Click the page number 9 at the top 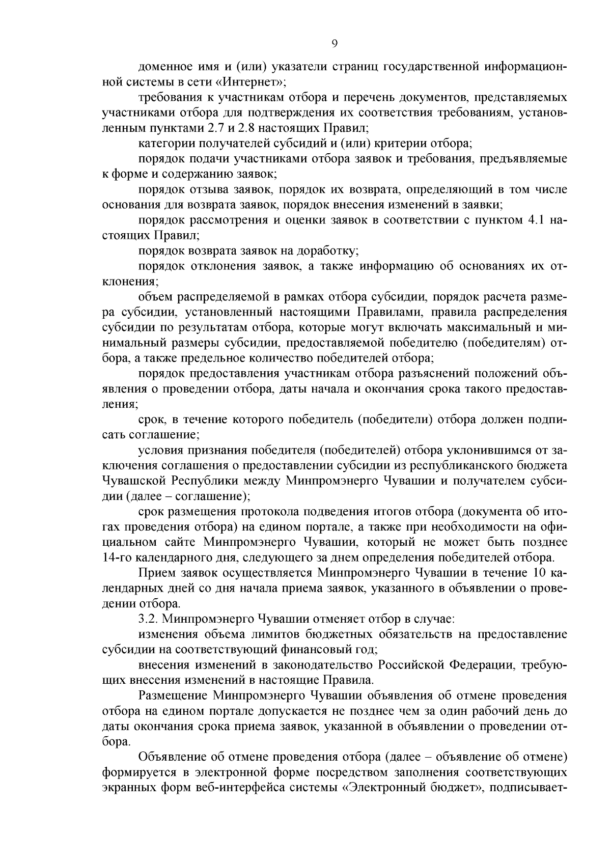334,44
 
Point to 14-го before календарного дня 118,558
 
